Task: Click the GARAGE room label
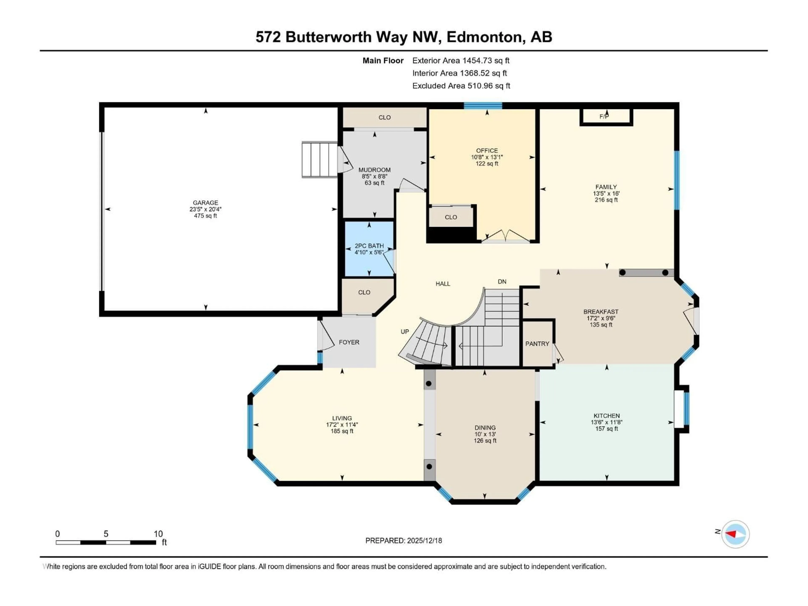tap(205, 203)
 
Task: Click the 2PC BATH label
tap(369, 246)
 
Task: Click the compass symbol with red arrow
tap(735, 534)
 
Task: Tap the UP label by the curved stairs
tap(405, 332)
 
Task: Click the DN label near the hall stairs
tap(502, 282)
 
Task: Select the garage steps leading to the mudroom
tap(320, 160)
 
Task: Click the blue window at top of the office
tap(483, 106)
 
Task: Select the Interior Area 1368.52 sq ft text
tap(460, 73)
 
